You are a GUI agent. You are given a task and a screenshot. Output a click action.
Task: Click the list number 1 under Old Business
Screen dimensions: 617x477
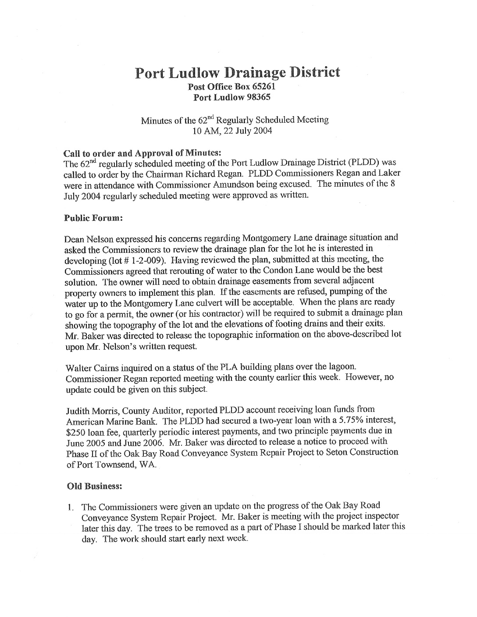click(70, 507)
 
